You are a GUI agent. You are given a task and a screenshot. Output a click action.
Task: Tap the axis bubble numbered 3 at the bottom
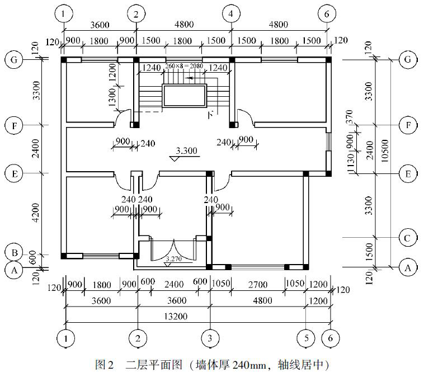click(210, 338)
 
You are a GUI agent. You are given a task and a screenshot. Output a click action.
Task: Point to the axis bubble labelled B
click(13, 252)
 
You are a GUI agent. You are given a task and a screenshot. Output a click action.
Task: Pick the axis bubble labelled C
click(408, 238)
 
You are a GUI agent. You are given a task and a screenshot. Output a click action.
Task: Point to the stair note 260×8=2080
click(183, 67)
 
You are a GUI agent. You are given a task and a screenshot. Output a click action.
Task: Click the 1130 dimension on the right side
click(351, 163)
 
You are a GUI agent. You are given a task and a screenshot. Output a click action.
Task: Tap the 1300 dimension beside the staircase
click(113, 98)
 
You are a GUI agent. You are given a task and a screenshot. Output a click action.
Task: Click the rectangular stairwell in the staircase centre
click(184, 96)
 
